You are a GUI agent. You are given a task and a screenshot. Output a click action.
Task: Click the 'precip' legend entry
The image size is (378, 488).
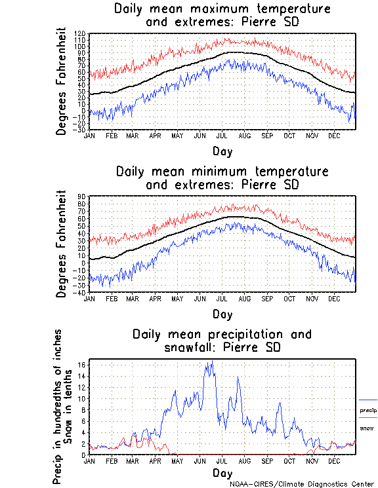pos(368,411)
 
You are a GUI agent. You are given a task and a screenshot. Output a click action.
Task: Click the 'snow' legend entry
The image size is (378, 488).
pos(366,428)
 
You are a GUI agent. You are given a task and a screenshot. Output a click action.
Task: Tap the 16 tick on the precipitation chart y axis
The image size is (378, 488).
pos(82,364)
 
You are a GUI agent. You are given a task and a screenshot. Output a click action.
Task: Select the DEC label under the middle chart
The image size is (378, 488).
pos(334,298)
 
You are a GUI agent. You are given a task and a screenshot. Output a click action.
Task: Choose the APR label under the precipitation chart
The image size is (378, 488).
pos(155,460)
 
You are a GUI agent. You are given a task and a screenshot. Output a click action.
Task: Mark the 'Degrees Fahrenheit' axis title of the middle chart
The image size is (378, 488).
pos(62,244)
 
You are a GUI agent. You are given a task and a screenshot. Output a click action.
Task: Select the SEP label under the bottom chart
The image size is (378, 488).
pos(267,460)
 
